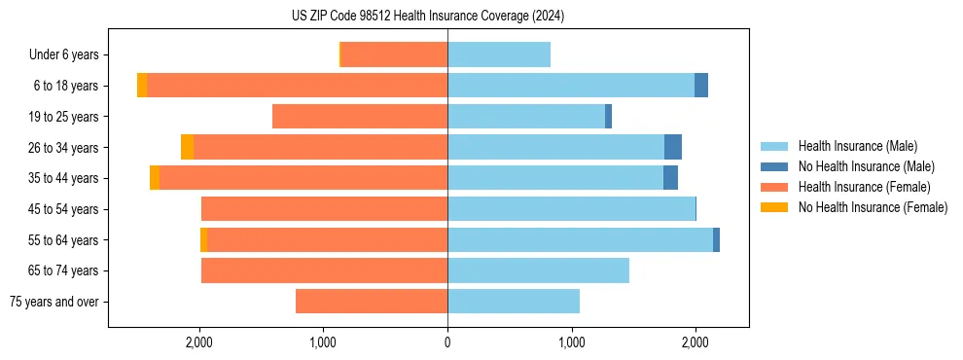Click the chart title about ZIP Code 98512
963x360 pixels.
[x=428, y=16]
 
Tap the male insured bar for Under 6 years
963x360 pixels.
[x=499, y=54]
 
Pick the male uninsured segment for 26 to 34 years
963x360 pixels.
[x=673, y=147]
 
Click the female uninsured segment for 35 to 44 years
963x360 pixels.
[x=155, y=178]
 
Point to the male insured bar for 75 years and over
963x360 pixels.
[x=514, y=302]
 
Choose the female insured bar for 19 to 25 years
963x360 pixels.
[x=360, y=117]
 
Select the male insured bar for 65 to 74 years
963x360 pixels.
[x=538, y=270]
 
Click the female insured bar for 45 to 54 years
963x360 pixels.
[x=324, y=209]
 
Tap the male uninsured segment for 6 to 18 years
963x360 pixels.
[x=701, y=86]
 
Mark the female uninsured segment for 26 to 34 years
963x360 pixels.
[x=187, y=147]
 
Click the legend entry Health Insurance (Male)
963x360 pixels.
[x=857, y=146]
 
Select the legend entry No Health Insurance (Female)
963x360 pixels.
[x=873, y=207]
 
